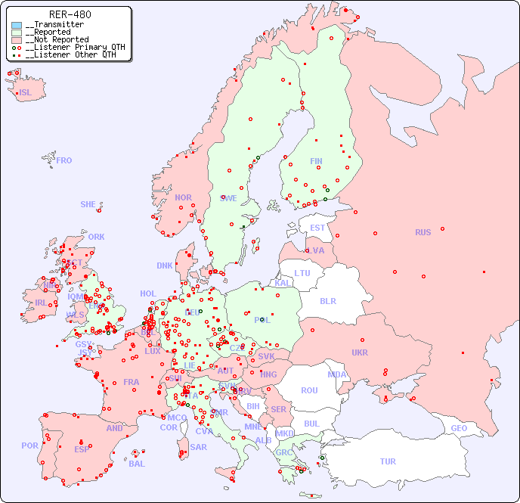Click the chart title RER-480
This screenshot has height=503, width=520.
[70, 14]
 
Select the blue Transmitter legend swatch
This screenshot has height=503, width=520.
[17, 25]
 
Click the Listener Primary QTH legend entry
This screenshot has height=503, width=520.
[70, 47]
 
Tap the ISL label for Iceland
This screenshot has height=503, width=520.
[26, 93]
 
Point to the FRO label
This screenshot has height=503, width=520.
[64, 160]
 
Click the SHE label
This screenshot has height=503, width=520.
[88, 204]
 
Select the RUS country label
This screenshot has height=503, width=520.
[422, 232]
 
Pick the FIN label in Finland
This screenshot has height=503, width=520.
[316, 161]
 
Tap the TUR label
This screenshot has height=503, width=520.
[388, 461]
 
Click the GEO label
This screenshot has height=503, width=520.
[459, 428]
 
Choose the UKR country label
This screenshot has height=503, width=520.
[360, 352]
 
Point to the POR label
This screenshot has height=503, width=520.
[29, 446]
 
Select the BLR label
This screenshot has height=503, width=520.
[327, 300]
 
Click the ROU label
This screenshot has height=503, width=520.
[309, 390]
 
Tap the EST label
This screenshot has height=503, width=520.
[317, 228]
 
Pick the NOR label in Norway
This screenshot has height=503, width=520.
[183, 197]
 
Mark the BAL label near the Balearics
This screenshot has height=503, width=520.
[137, 464]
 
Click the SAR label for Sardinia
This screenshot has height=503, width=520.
[198, 447]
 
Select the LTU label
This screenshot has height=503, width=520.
[302, 273]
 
